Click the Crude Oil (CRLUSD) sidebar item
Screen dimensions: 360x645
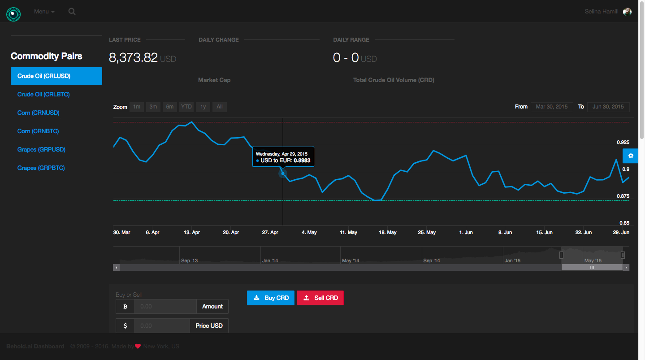point(56,76)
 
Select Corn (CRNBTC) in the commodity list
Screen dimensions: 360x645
point(38,131)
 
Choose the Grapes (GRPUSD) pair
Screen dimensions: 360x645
point(41,150)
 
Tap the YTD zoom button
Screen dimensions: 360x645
point(186,107)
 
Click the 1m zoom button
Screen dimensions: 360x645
point(137,107)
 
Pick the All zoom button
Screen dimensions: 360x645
point(220,107)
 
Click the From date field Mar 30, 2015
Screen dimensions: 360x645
point(552,107)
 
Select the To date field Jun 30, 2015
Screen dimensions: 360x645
point(608,107)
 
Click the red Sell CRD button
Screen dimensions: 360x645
point(320,298)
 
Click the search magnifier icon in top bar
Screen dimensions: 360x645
point(72,12)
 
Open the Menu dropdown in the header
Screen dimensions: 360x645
point(44,12)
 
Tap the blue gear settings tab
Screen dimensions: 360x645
point(631,156)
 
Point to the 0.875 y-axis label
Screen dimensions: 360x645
point(623,196)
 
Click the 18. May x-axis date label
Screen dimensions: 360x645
point(388,233)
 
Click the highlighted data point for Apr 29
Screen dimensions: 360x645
point(283,173)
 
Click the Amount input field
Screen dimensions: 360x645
point(165,307)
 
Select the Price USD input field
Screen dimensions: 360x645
point(162,326)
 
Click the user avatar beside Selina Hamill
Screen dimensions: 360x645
point(627,12)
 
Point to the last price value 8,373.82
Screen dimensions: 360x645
point(133,58)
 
